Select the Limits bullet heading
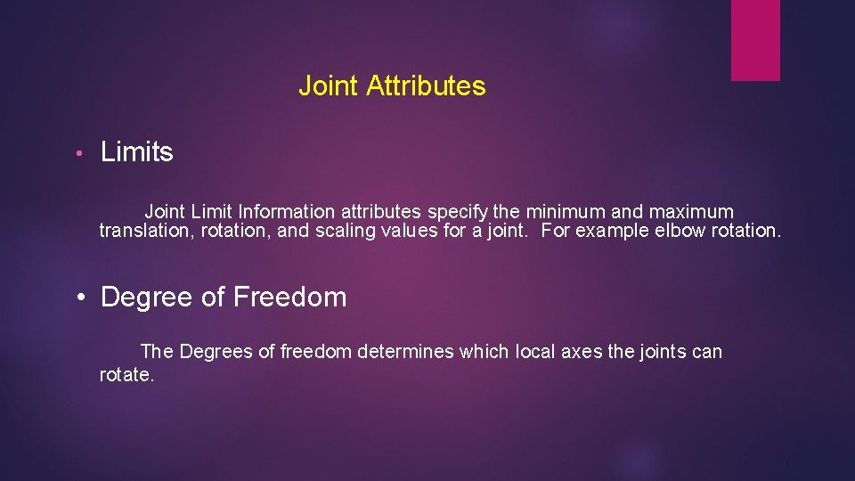[137, 152]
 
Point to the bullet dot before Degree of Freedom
[81, 298]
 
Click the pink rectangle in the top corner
[755, 40]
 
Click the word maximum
[691, 212]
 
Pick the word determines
[405, 352]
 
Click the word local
[535, 352]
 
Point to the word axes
[582, 352]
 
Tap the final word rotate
[126, 375]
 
